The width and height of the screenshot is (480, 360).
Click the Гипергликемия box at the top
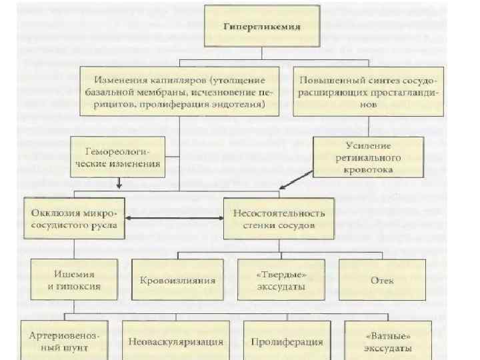click(261, 27)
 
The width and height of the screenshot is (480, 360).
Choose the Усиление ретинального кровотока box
click(367, 157)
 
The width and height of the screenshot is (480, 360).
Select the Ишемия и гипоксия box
click(74, 280)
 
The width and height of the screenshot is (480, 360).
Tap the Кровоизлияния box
click(177, 280)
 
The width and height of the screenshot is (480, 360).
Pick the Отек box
click(381, 280)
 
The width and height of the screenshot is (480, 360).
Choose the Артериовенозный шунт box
click(65, 341)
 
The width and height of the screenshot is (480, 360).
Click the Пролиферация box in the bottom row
click(287, 341)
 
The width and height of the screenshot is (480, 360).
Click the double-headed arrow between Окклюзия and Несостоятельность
click(174, 218)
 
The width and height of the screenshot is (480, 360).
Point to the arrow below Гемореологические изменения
click(118, 184)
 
